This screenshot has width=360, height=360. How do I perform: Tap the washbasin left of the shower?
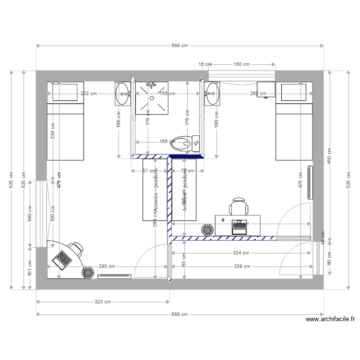[x=122, y=94]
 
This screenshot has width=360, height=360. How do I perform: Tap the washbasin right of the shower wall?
[x=212, y=93]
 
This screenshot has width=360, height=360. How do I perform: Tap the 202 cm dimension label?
[x=89, y=94]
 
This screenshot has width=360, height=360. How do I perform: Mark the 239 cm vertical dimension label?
[x=53, y=129]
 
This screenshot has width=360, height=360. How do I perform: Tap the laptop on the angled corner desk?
[x=62, y=258]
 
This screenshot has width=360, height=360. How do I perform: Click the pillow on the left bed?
[x=65, y=92]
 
